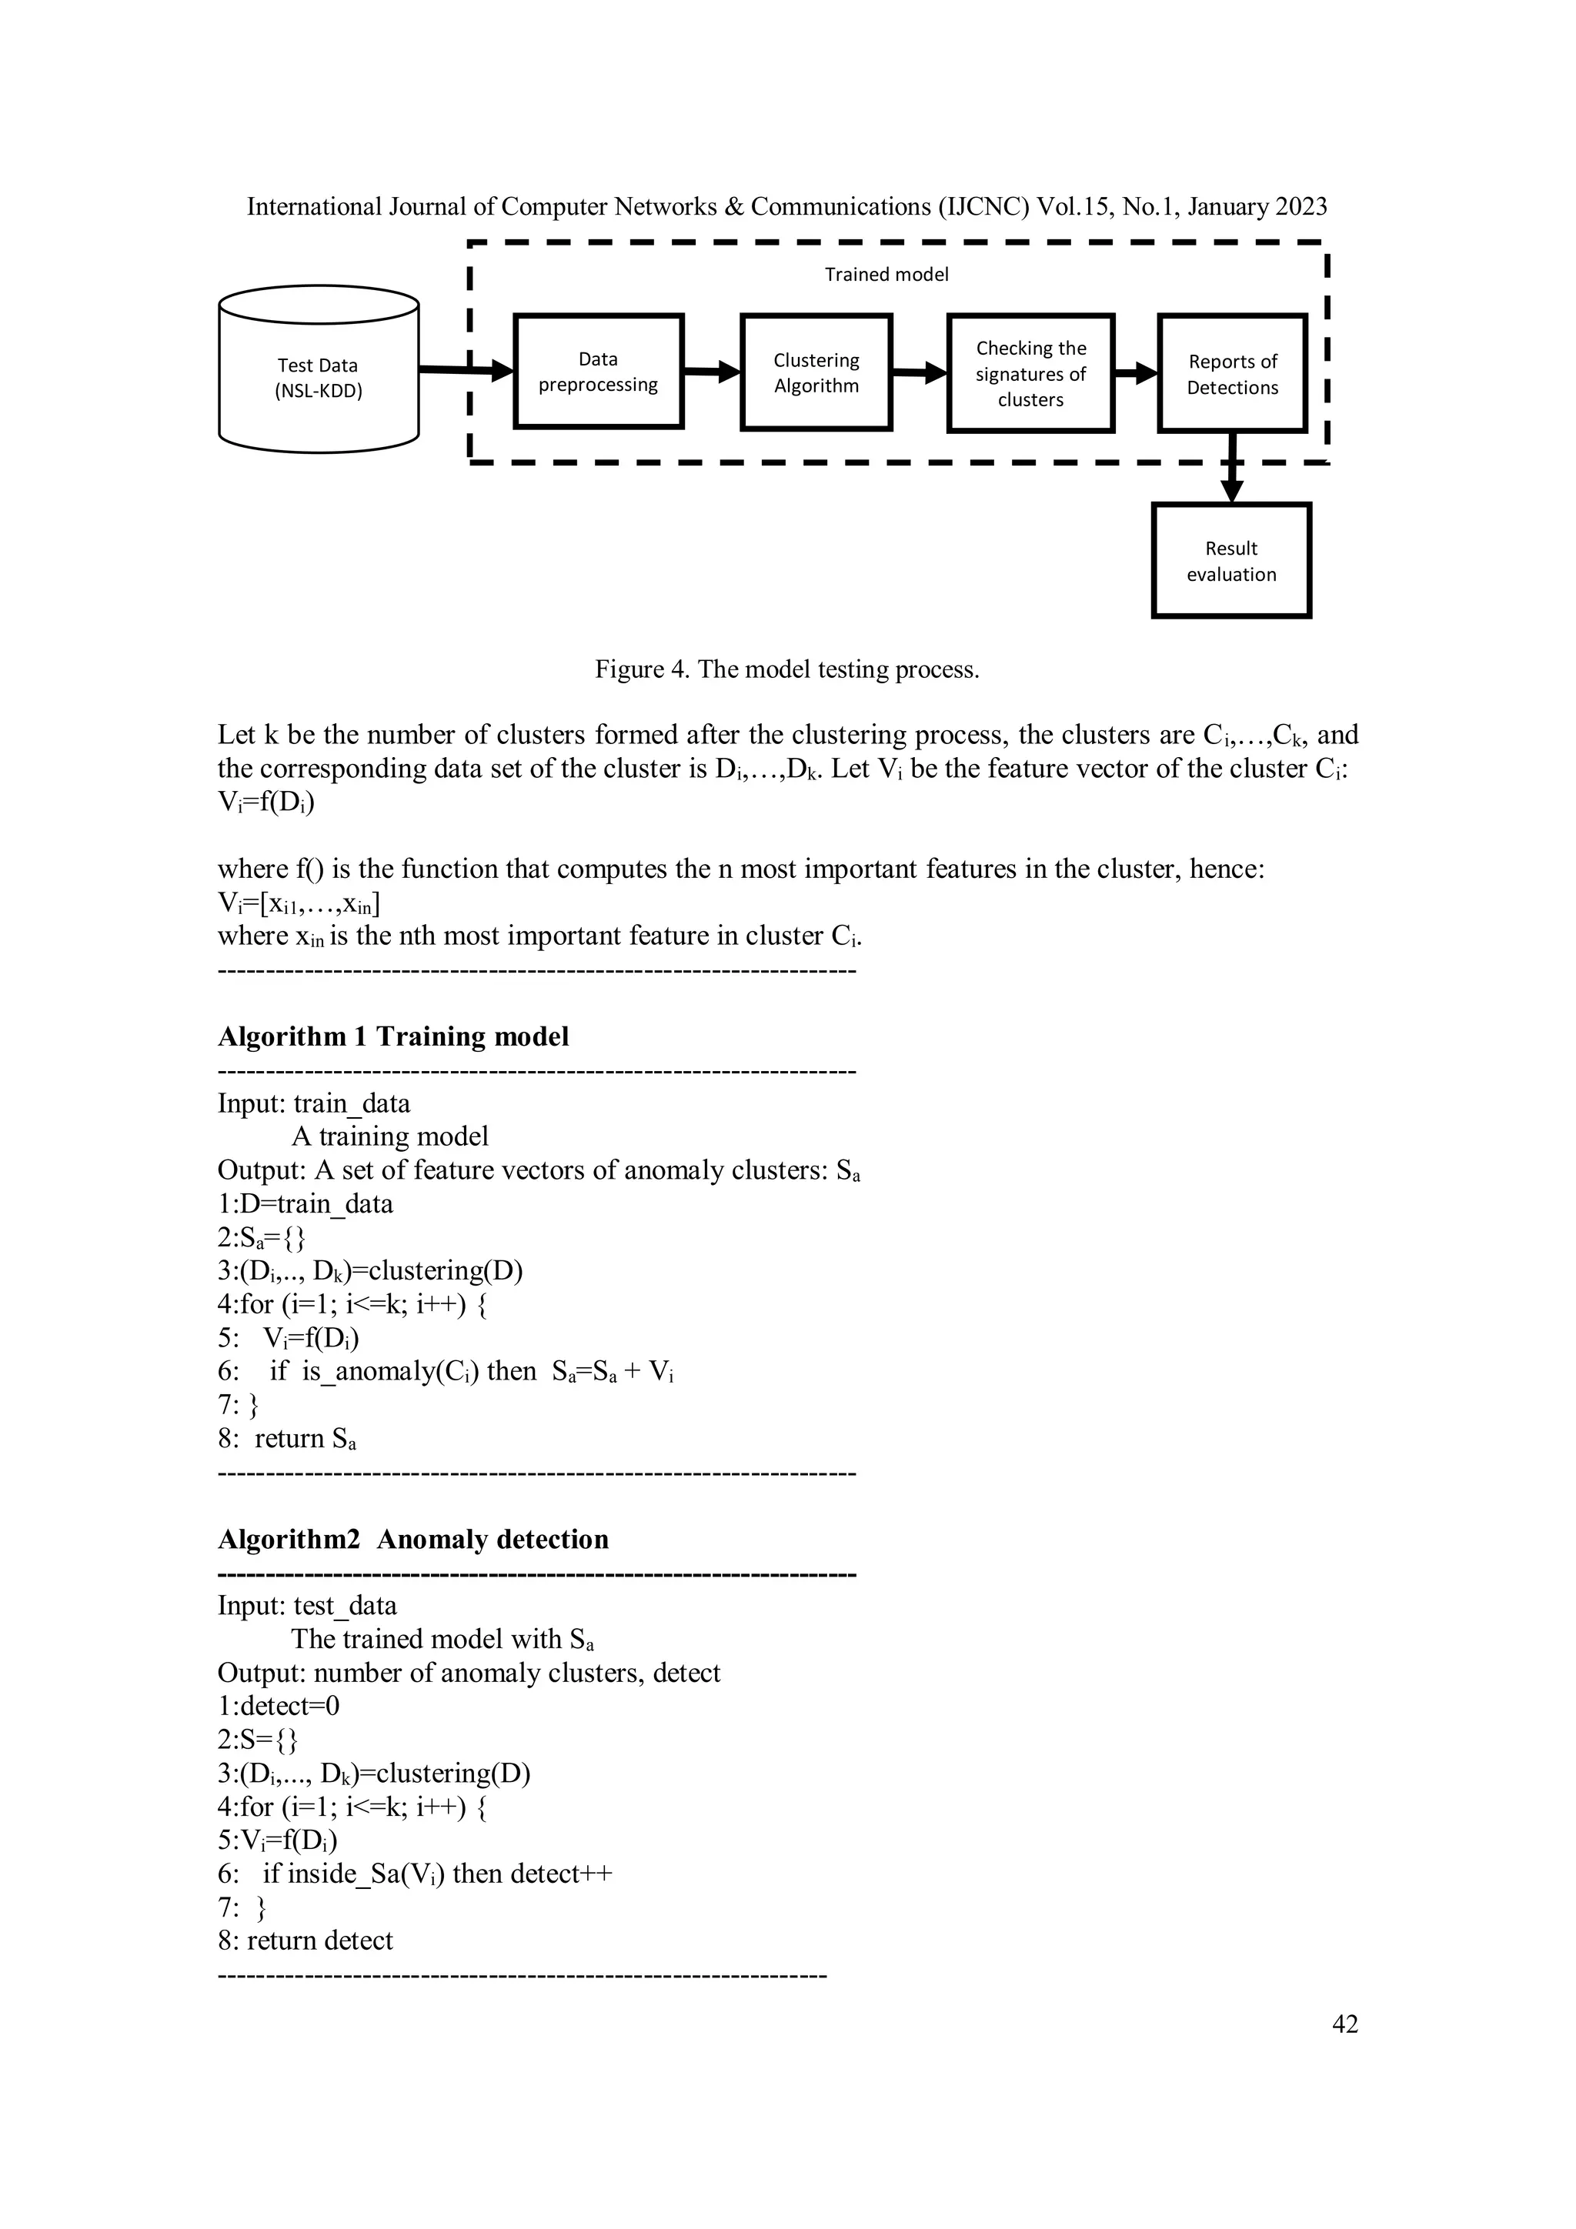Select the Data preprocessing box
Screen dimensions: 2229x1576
tap(598, 372)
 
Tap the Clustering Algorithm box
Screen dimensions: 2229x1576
tap(816, 373)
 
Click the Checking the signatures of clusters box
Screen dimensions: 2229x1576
tap(1030, 374)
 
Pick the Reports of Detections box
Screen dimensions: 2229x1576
tap(1232, 374)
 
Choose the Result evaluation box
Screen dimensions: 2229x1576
tap(1231, 561)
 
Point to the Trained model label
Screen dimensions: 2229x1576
tap(886, 275)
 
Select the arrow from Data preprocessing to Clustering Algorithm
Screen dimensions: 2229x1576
tap(712, 371)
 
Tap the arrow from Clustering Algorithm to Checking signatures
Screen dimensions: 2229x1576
tap(919, 372)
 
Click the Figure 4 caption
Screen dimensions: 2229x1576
tap(786, 670)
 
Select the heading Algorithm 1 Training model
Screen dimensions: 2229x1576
tap(393, 1037)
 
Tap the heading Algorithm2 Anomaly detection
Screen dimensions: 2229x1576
tap(412, 1540)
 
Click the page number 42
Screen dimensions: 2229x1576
tap(1345, 2024)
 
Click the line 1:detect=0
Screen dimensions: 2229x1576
tap(279, 1707)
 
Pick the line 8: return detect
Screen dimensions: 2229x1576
tap(306, 1940)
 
